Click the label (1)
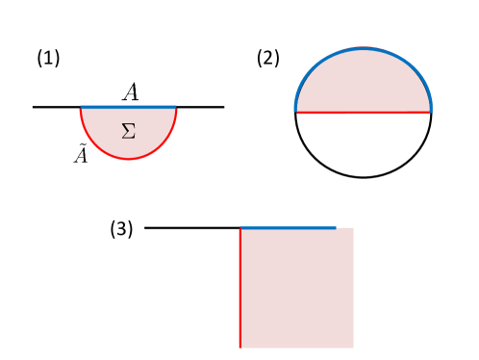[x=48, y=58]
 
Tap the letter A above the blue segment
[x=131, y=91]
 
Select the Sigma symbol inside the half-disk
[x=129, y=131]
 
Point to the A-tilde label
[x=82, y=153]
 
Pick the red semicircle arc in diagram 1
[x=129, y=158]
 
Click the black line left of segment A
[x=56, y=107]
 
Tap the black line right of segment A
[x=200, y=107]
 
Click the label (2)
[x=267, y=58]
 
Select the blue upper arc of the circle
[x=363, y=47]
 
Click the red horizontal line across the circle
[x=363, y=113]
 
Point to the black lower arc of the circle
[x=363, y=177]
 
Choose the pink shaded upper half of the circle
[x=363, y=82]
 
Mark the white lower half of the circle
[x=363, y=144]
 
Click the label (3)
[x=120, y=229]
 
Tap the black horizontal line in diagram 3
[x=192, y=228]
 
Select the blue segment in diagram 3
[x=288, y=228]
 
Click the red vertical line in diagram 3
[x=239, y=289]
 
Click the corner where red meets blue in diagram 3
[x=239, y=228]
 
